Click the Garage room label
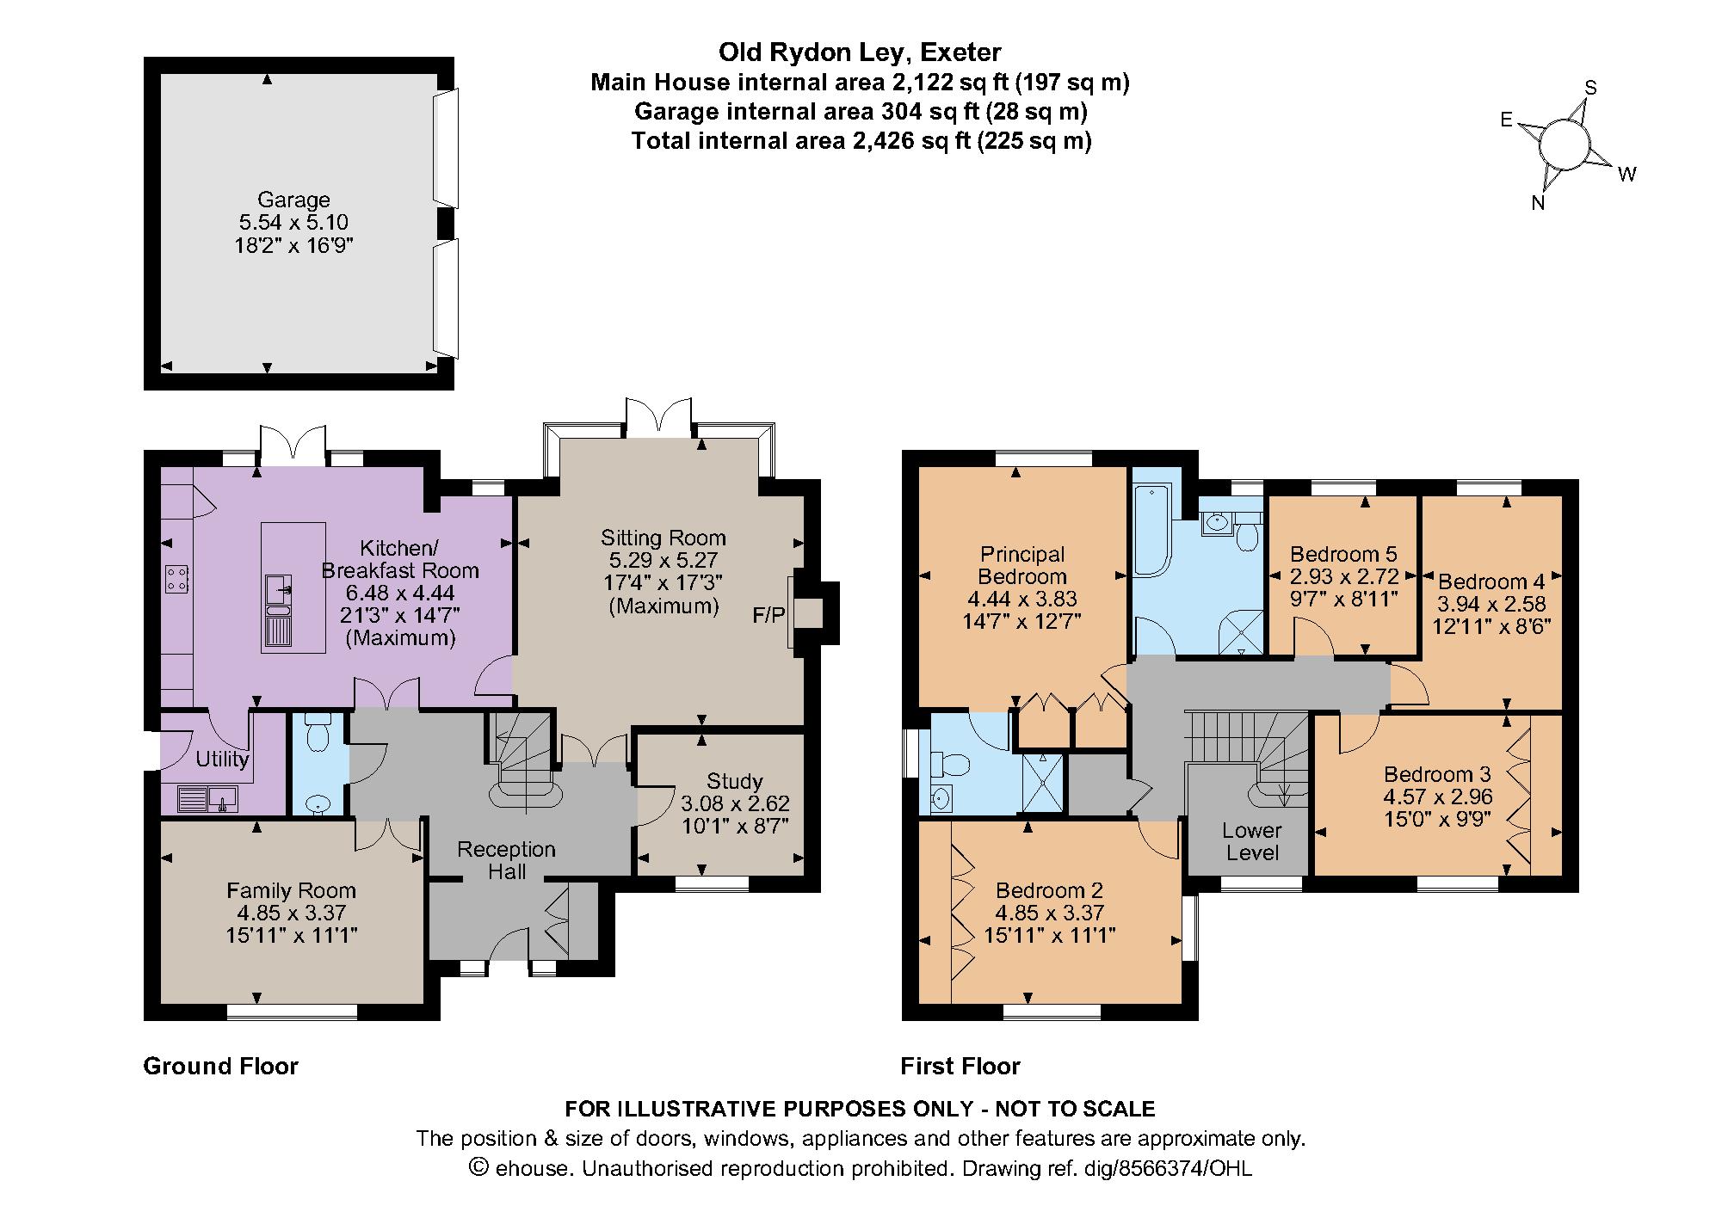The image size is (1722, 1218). click(x=293, y=200)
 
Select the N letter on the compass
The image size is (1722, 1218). click(x=1538, y=204)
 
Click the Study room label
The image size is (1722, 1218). click(x=734, y=781)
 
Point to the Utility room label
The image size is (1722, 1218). click(x=222, y=759)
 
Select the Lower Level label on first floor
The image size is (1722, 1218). click(x=1252, y=841)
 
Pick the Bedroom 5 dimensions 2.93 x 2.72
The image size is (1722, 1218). click(x=1342, y=576)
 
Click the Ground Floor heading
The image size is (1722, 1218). click(x=220, y=1067)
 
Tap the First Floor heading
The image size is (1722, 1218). click(x=960, y=1067)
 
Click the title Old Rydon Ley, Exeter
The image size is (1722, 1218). click(x=860, y=52)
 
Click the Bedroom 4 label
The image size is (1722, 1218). click(x=1491, y=581)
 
